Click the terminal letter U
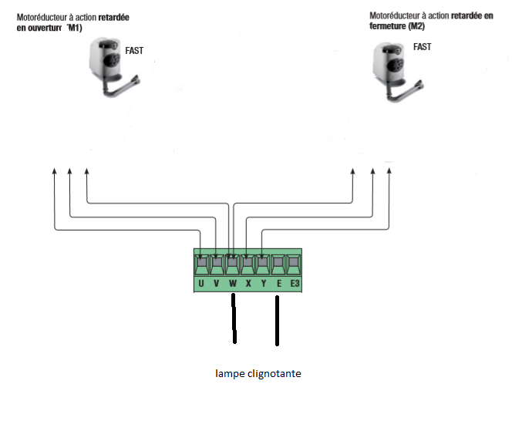201,284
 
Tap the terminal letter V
217,284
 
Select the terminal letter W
232,284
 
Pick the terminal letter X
248,284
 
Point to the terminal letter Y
263,284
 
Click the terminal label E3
294,284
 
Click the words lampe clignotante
258,374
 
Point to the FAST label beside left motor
134,51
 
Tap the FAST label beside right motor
423,46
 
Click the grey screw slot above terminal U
201,265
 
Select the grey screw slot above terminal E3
294,265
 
